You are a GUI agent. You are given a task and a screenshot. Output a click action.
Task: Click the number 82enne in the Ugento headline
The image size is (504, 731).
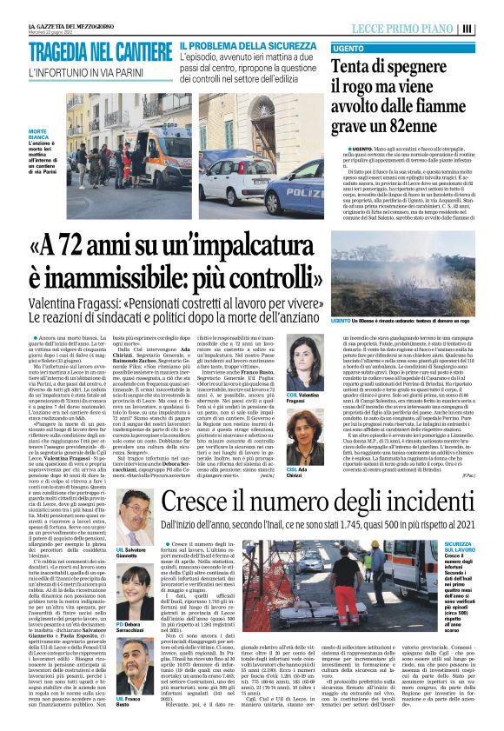(x=416, y=125)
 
